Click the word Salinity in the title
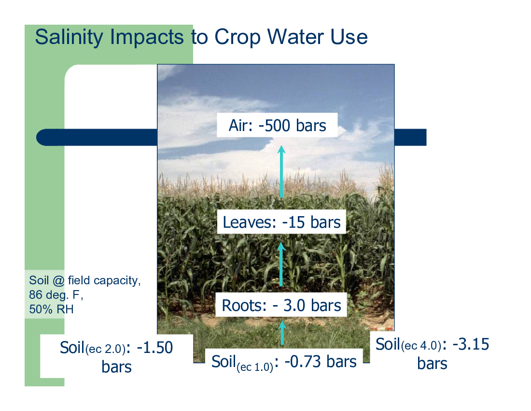[70, 37]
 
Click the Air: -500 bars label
[278, 125]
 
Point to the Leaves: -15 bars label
[281, 222]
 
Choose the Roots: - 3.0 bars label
[281, 305]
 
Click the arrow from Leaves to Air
[281, 171]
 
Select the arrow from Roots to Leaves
[281, 264]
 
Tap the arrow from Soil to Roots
[282, 333]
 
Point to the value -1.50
[155, 348]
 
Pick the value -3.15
[471, 344]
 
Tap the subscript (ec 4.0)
[421, 346]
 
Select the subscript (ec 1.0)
[255, 367]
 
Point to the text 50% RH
[51, 309]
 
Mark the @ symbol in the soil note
[58, 281]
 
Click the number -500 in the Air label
[275, 125]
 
